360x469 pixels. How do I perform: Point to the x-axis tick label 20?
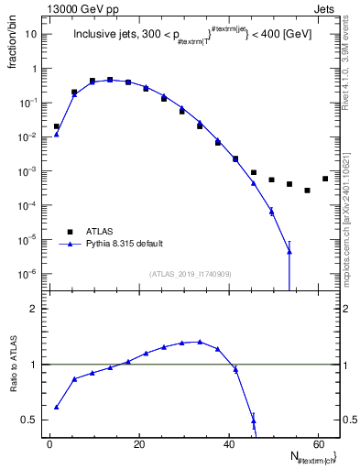tap(138, 442)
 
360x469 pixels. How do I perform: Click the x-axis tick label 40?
tap(228, 442)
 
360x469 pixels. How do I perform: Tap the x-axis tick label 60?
tap(317, 442)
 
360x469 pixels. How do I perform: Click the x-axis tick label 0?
tap(49, 442)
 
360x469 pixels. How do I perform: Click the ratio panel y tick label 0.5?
tap(28, 420)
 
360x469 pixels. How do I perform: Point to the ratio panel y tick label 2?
tap(32, 309)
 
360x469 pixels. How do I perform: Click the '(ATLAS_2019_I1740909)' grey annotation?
tap(191, 274)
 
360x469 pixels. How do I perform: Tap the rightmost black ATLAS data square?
tap(325, 179)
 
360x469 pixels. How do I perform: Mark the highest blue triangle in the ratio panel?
tap(200, 342)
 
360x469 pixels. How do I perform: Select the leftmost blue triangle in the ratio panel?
tap(57, 407)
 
